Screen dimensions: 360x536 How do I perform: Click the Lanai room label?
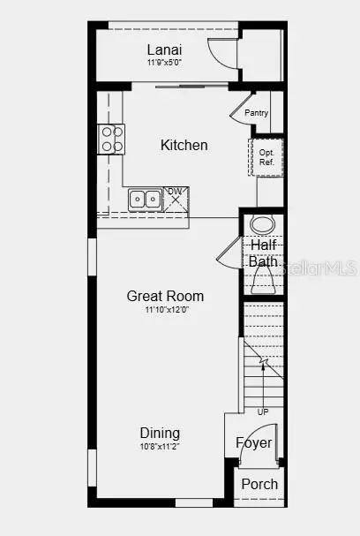coord(164,50)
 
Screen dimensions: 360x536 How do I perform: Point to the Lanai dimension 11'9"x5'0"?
coord(164,63)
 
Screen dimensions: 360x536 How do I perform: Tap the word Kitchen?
coord(184,145)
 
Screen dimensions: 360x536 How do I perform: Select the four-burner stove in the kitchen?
coord(111,140)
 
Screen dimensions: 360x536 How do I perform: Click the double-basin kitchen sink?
coord(146,200)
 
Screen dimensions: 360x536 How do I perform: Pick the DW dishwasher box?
coord(176,199)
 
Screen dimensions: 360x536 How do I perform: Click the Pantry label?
coord(257,113)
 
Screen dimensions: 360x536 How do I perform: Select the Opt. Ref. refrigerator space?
coord(266,157)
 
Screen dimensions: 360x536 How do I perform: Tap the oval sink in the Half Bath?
coord(262,225)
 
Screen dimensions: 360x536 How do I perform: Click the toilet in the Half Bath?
coord(263,279)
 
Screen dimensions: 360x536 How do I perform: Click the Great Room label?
coord(165,296)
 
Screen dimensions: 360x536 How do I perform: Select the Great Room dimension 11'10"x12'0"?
coord(167,310)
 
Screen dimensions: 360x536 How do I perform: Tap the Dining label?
coord(160,433)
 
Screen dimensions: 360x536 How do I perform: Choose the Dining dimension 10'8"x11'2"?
coord(160,446)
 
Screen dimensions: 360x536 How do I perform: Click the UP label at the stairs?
coord(263,411)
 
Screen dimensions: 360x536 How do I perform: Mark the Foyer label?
coord(254,443)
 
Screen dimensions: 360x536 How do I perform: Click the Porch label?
coord(259,484)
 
